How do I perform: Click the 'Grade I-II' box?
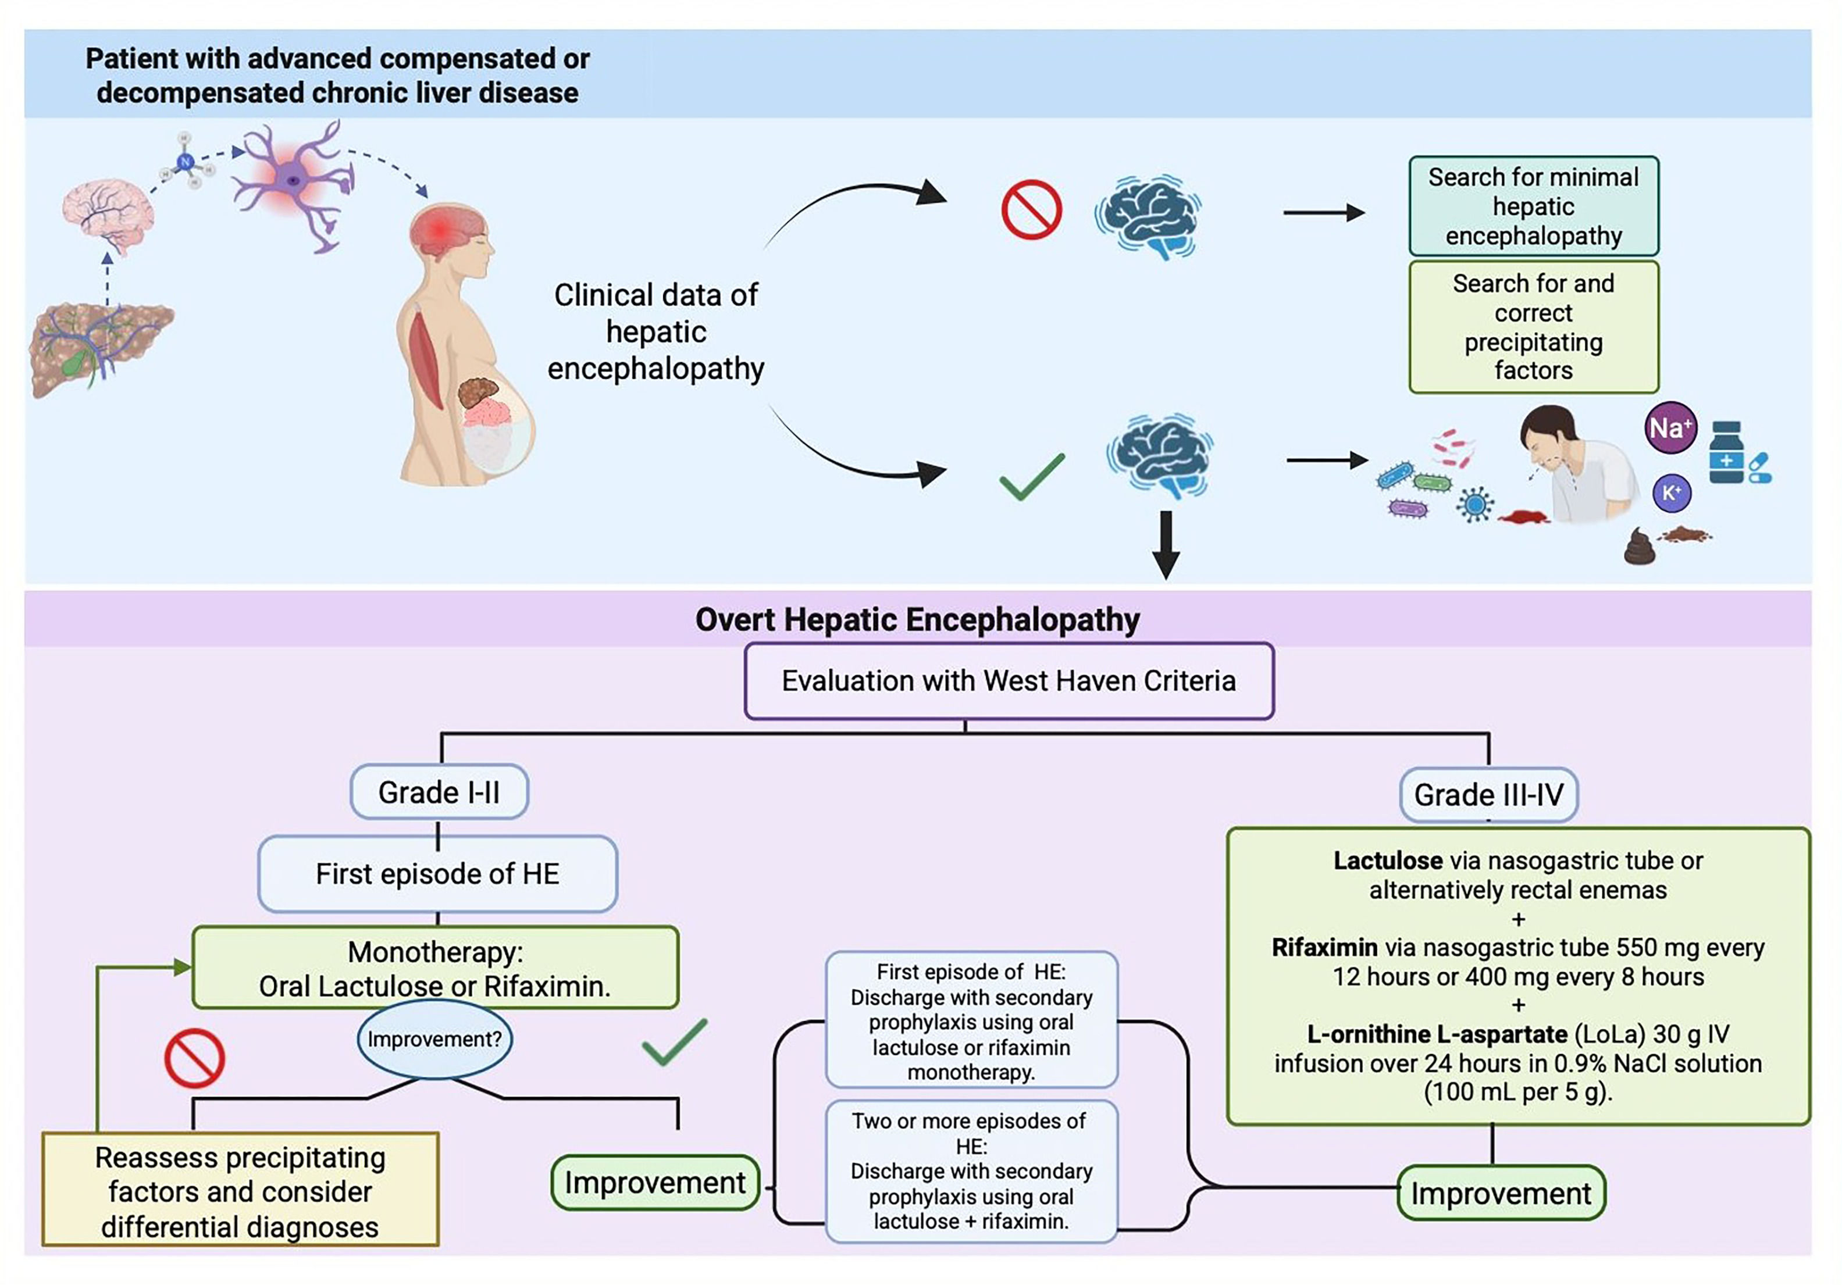439,793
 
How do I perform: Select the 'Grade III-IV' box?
1488,795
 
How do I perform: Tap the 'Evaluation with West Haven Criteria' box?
1009,681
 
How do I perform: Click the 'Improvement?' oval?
434,1040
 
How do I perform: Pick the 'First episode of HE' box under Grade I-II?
437,873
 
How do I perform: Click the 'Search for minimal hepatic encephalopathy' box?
1533,206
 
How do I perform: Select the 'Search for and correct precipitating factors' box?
1533,326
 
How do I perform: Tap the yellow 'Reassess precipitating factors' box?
240,1190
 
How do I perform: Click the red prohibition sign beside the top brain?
1032,209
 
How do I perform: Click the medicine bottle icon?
1726,453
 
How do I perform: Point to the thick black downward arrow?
1166,543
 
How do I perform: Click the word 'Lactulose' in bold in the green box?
1387,861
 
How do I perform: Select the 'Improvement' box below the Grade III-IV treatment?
1500,1194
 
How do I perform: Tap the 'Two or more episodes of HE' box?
971,1171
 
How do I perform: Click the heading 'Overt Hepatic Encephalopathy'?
917,620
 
